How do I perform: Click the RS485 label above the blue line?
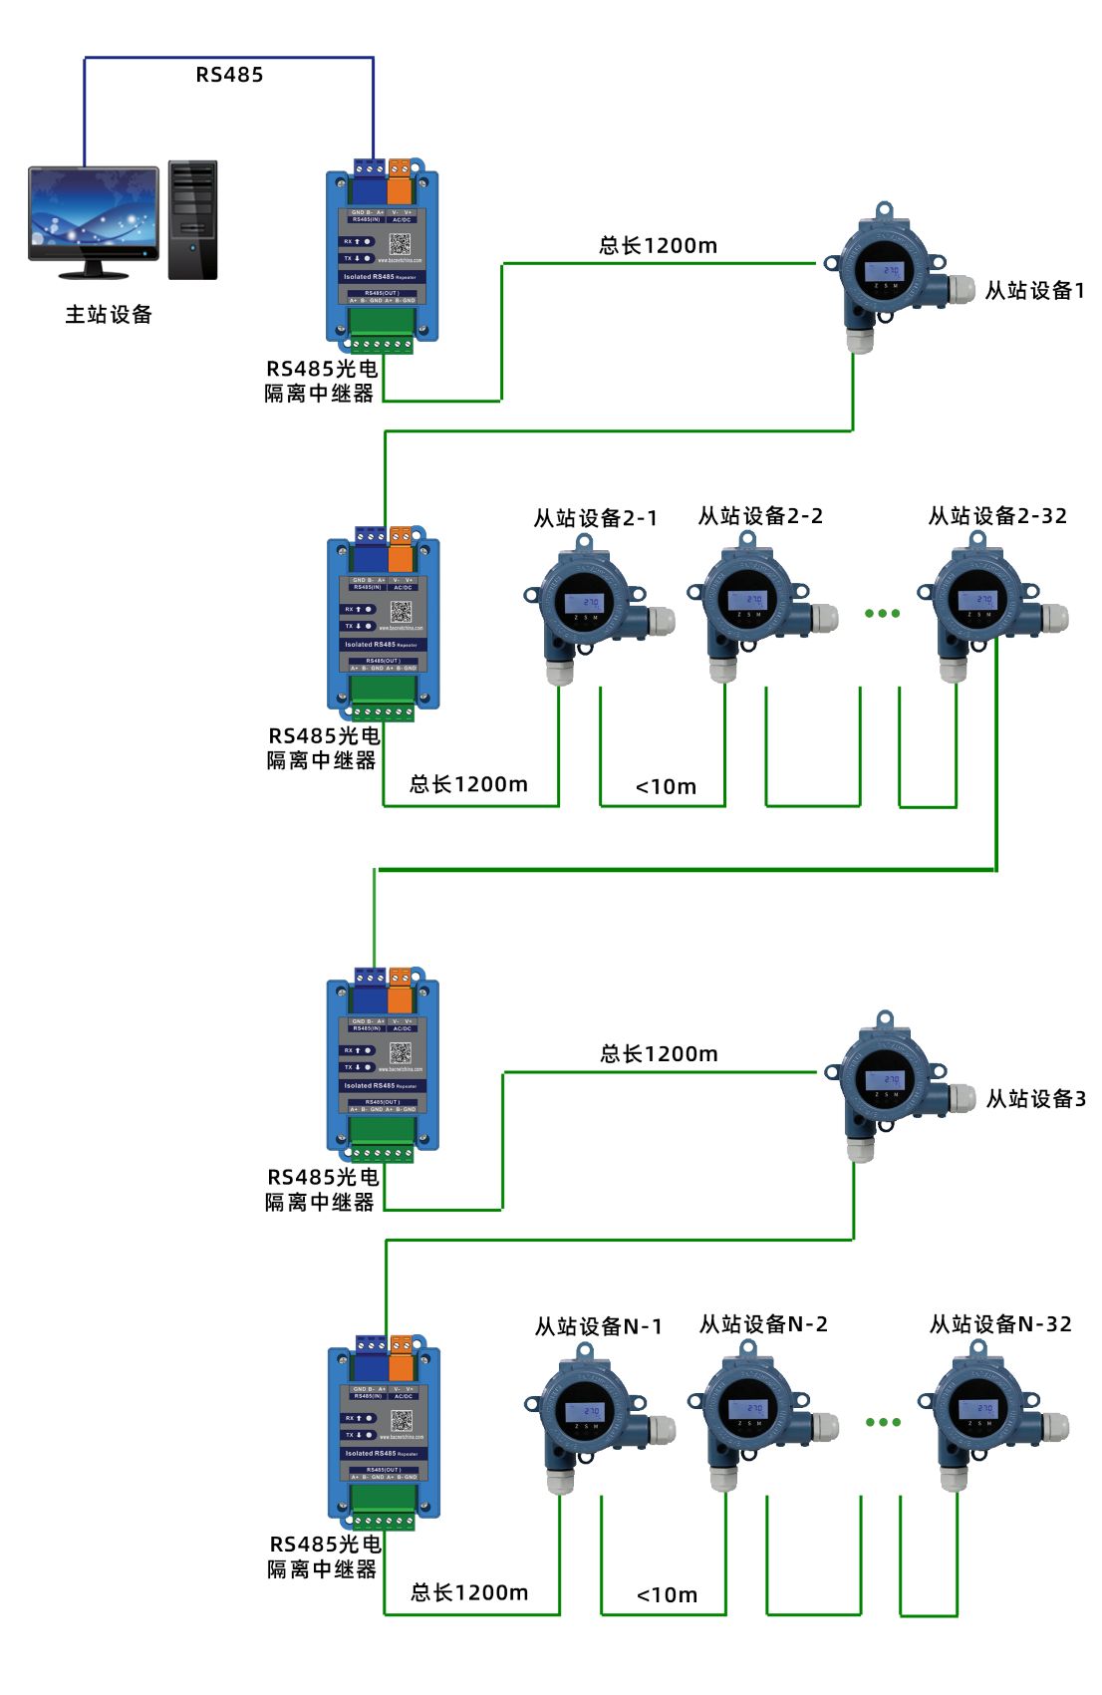(x=229, y=75)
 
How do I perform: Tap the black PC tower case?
(x=192, y=219)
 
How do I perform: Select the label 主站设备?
(x=109, y=315)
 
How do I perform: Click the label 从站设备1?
(x=1034, y=291)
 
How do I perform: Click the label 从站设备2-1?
(x=595, y=518)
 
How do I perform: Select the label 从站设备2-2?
(x=760, y=516)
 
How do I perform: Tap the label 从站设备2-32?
(x=997, y=516)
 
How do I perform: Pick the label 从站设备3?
(x=1035, y=1099)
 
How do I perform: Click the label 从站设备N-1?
(x=598, y=1327)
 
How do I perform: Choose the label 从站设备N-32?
(x=1000, y=1324)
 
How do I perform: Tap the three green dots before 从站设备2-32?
(x=882, y=614)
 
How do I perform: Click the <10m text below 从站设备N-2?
(x=667, y=1595)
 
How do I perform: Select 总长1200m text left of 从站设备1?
(x=658, y=246)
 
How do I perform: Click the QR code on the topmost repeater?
(x=400, y=244)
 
